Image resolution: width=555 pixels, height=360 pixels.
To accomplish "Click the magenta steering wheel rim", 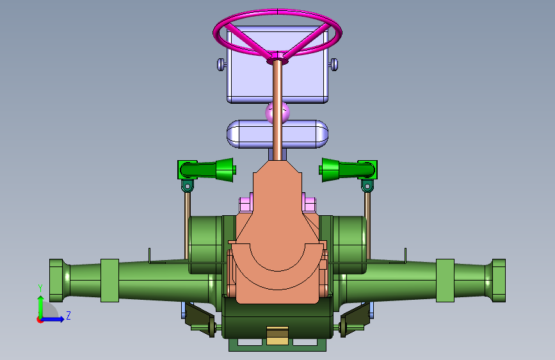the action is tap(278, 12).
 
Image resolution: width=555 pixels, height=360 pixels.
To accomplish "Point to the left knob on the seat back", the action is tap(221, 65).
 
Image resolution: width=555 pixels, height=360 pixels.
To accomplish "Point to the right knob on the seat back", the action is tap(334, 65).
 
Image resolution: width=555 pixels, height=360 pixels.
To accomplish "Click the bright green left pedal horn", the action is tap(207, 170).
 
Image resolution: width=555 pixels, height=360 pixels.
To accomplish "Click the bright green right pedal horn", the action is tap(348, 170).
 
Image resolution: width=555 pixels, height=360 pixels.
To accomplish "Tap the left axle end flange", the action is tap(56, 281).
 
